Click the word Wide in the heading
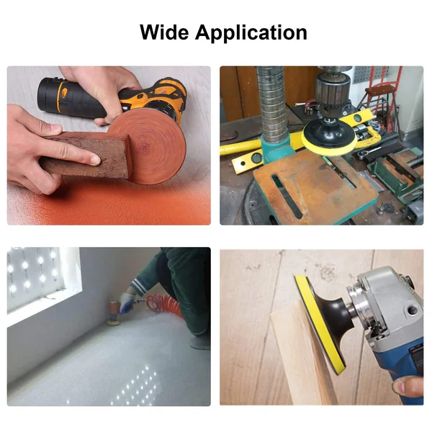(x=163, y=32)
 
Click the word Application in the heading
(x=251, y=33)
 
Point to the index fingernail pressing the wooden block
(x=95, y=160)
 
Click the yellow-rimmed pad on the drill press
(x=328, y=137)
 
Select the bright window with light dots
(x=41, y=278)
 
